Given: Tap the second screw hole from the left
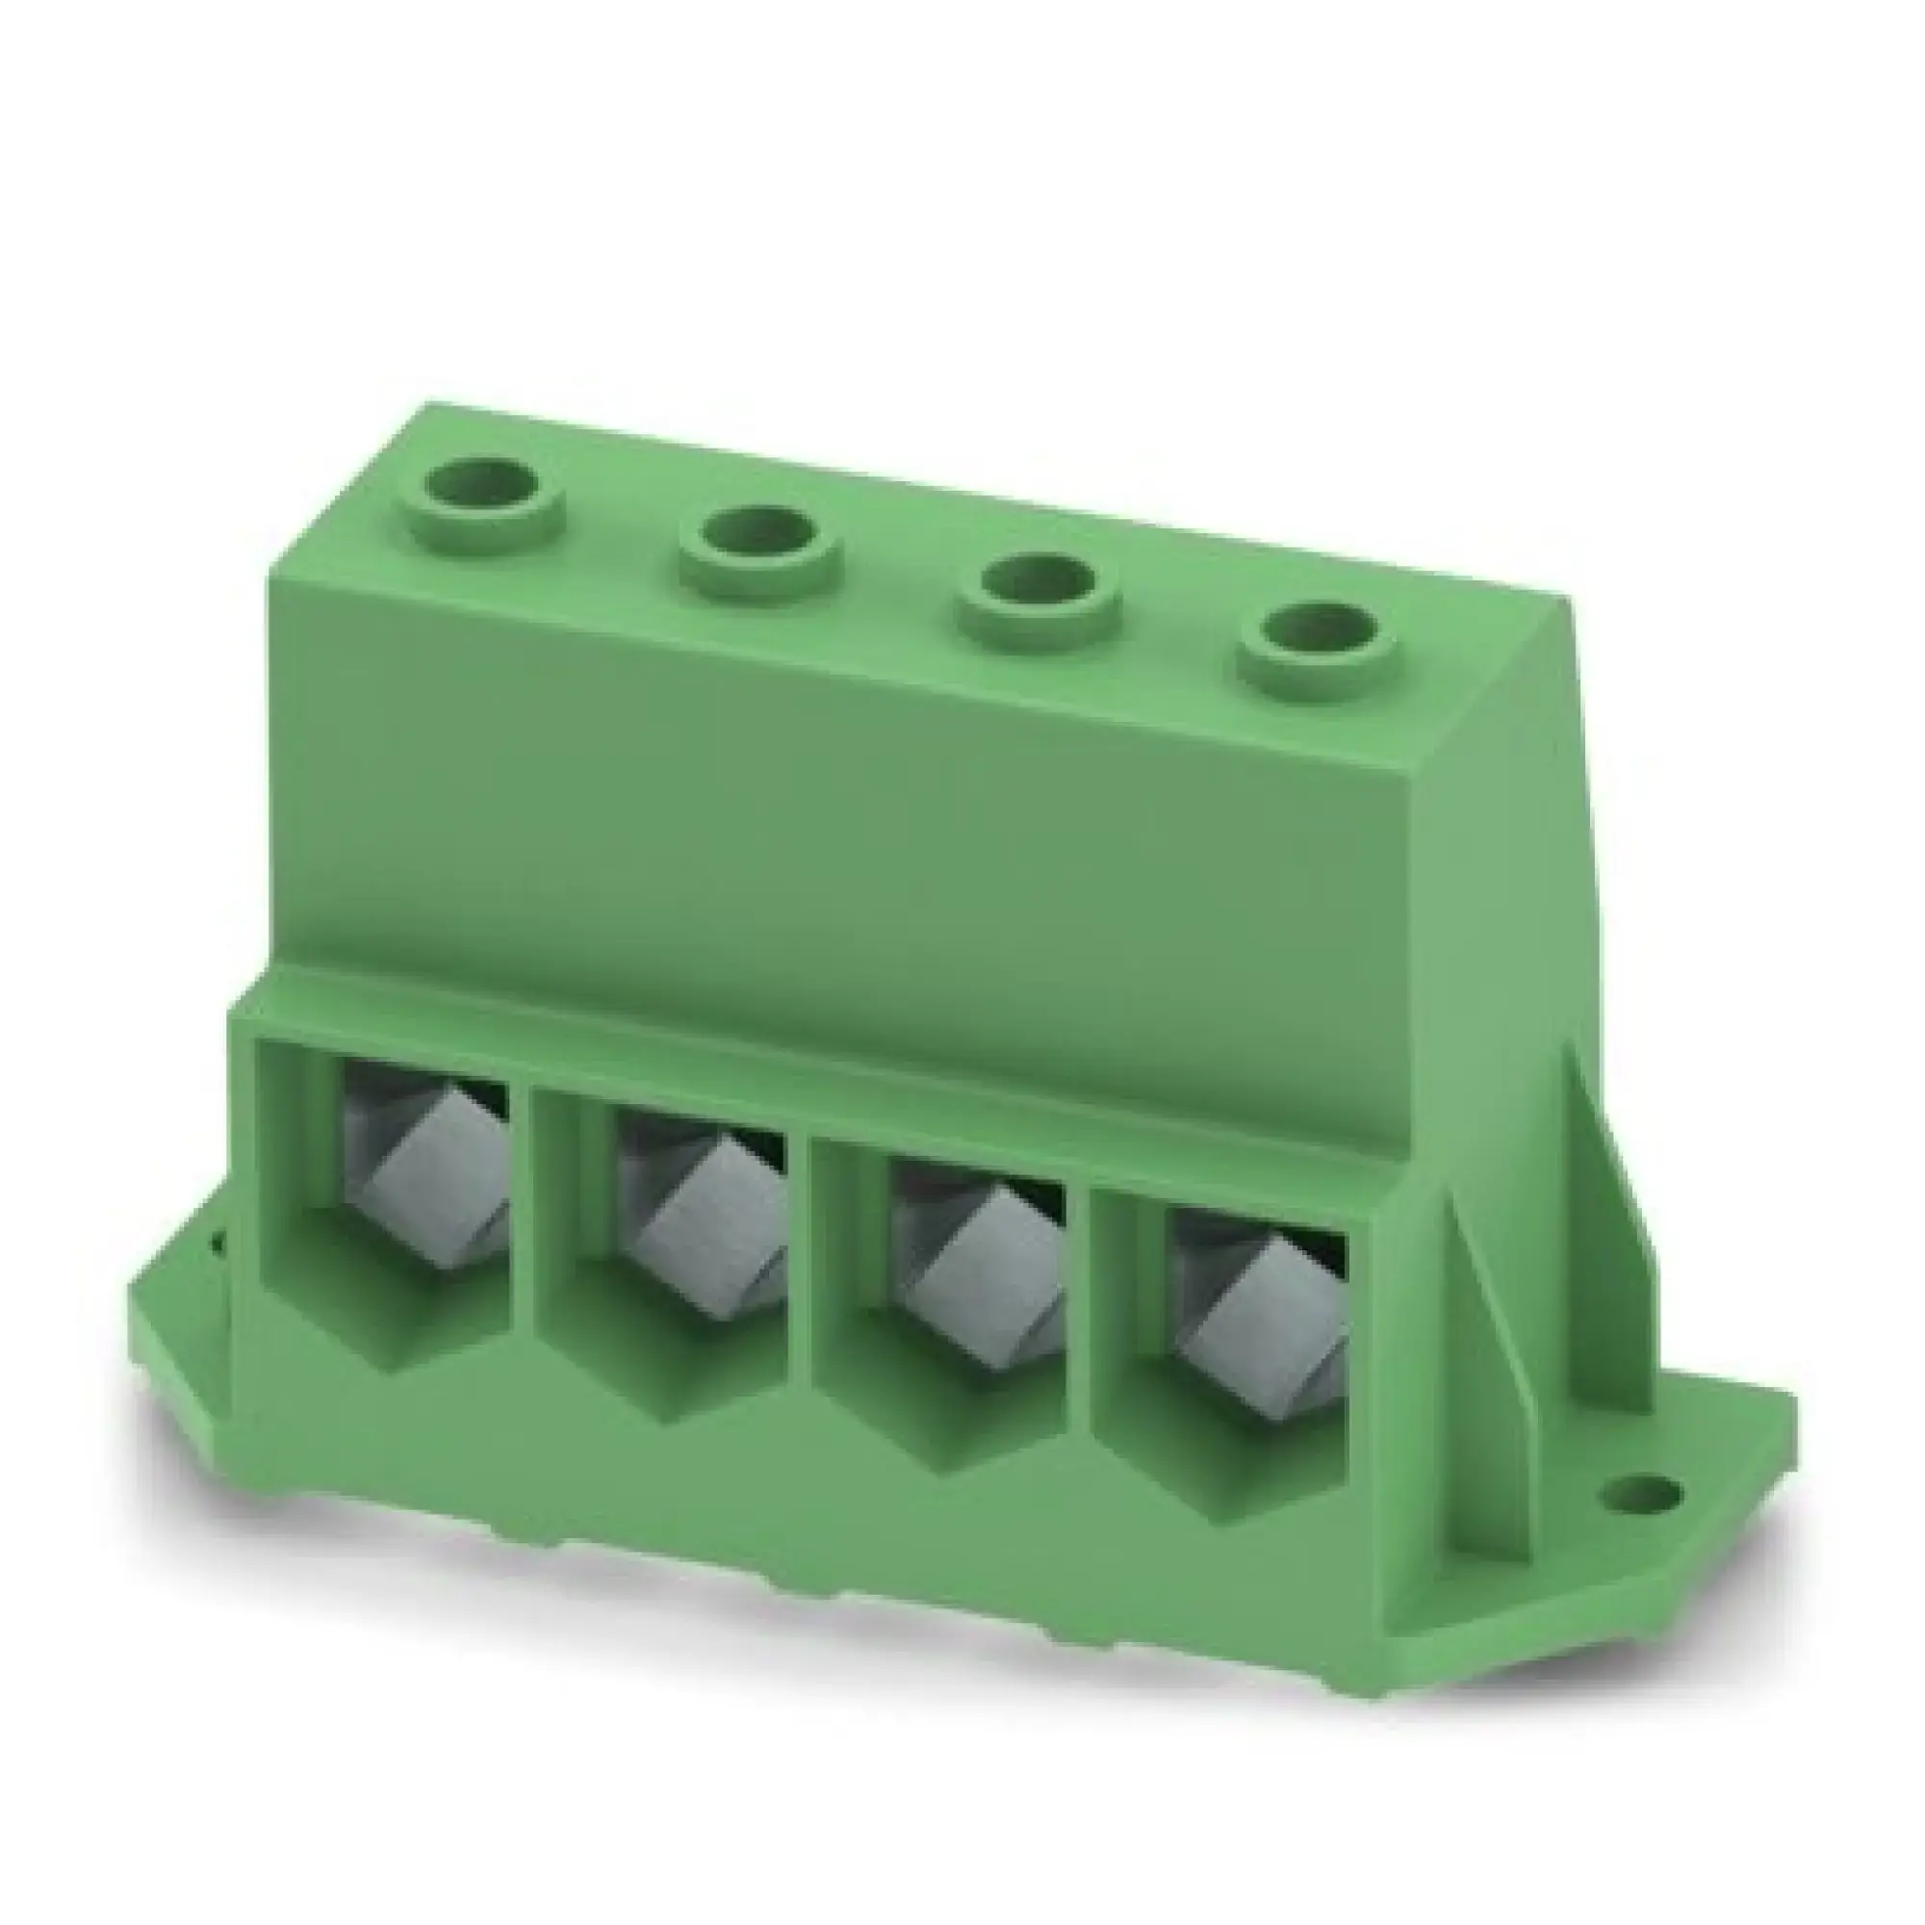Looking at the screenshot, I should click(x=760, y=545).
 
